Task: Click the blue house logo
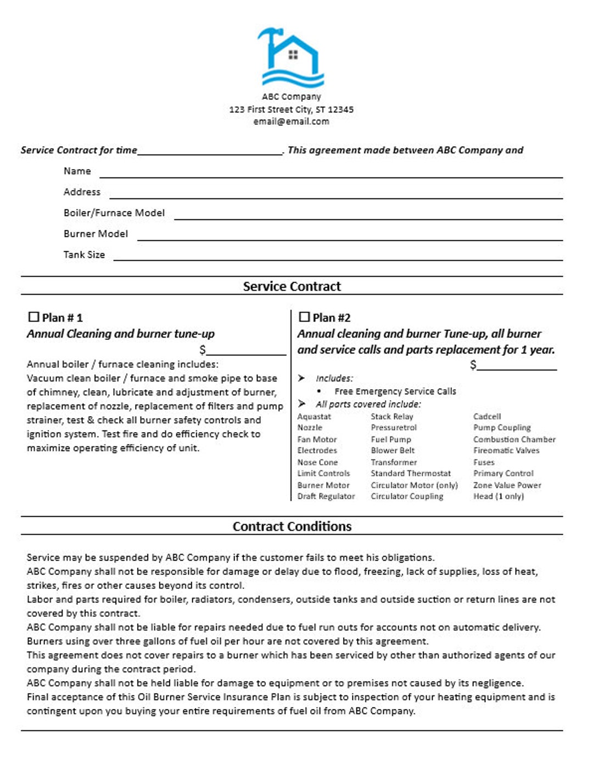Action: pos(291,58)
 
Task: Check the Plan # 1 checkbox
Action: pos(33,317)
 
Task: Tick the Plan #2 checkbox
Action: pos(304,317)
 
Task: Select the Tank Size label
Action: pos(84,255)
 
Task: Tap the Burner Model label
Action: pos(96,234)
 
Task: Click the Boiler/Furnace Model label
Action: pos(114,213)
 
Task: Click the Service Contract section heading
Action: pos(292,286)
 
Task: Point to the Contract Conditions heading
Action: pos(292,526)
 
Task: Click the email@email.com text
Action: pos(291,121)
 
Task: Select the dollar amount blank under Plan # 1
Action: pos(246,352)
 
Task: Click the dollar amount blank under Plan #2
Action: pos(517,367)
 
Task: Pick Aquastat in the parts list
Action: pos(314,417)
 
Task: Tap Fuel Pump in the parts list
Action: pos(390,439)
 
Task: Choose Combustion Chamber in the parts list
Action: pos(514,439)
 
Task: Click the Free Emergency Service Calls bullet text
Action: pos(395,391)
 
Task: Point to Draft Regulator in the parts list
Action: pos(326,496)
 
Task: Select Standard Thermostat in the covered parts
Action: pos(410,473)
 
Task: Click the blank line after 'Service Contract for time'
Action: pos(210,152)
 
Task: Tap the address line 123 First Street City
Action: pos(291,109)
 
